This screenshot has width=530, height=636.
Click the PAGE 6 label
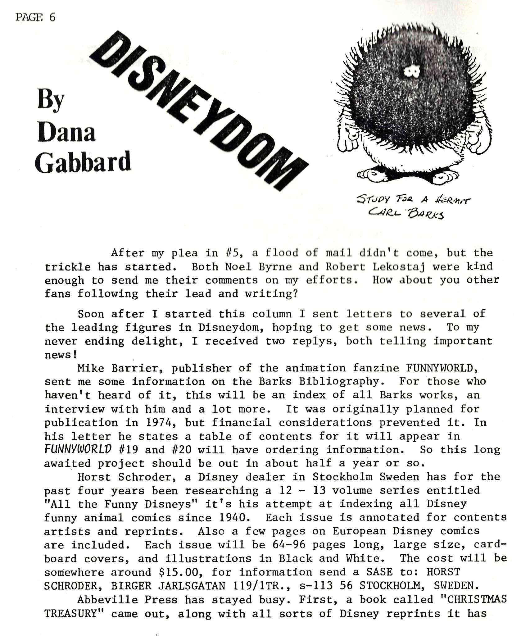tap(35, 17)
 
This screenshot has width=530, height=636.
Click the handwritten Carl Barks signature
tap(405, 213)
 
